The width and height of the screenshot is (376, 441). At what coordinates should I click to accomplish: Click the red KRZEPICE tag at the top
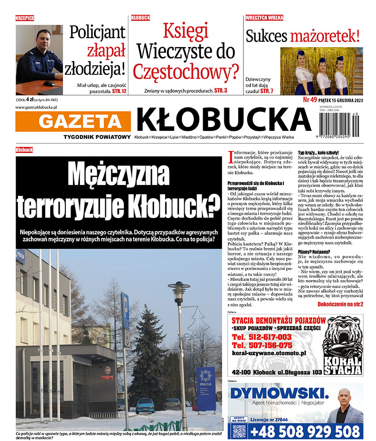(24, 18)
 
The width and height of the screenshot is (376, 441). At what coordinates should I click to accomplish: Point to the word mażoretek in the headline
(325, 36)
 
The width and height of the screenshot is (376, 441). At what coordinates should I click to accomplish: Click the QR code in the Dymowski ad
(239, 430)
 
